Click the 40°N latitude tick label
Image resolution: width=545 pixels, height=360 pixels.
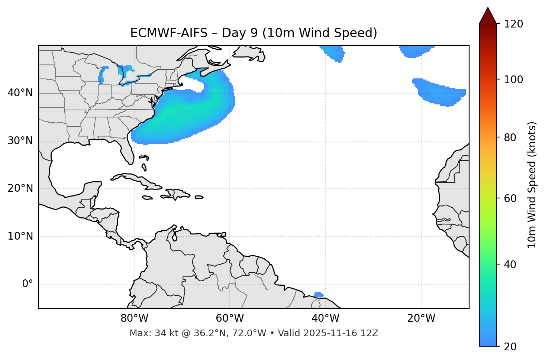click(20, 93)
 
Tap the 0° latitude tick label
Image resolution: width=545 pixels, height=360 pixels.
click(27, 284)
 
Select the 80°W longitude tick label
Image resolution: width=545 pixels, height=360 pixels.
click(134, 318)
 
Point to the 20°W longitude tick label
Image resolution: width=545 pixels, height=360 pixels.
click(421, 318)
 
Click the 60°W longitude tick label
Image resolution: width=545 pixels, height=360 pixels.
click(230, 318)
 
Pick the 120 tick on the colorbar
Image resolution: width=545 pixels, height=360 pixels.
click(513, 24)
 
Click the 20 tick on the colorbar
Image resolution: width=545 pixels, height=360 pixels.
click(510, 347)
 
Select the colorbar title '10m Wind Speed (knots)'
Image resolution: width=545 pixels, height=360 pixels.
click(532, 185)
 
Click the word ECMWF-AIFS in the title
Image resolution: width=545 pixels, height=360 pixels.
click(168, 33)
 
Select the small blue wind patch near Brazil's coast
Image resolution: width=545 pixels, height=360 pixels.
click(318, 295)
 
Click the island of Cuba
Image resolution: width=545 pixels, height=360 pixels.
click(138, 180)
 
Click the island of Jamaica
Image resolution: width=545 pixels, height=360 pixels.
click(147, 198)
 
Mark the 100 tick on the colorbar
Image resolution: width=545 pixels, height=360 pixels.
click(513, 80)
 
